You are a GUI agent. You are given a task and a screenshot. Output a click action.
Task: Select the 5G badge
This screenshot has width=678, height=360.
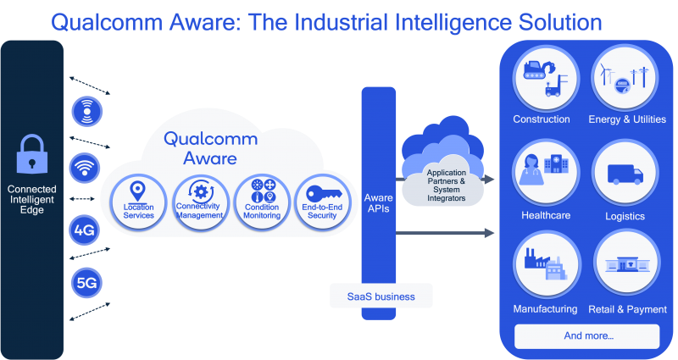[x=86, y=283]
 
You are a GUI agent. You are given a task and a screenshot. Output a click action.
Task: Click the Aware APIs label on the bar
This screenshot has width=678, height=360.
[x=378, y=202]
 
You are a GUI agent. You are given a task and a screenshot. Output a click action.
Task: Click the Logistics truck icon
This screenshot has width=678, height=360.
[x=625, y=174]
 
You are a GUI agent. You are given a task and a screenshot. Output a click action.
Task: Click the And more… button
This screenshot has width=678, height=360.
[x=587, y=335]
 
